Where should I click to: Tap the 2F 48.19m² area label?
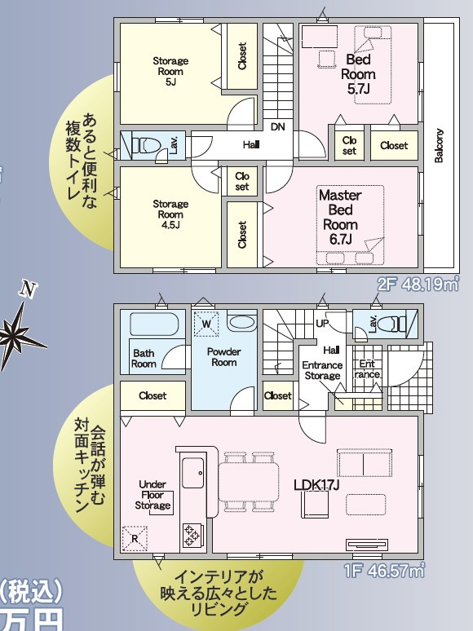tap(418, 285)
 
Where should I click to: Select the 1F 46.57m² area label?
tap(384, 570)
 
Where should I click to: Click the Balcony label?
tap(439, 146)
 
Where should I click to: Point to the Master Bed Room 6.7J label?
tap(340, 218)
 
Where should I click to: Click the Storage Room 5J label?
tap(170, 72)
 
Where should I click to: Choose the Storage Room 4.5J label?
tap(170, 214)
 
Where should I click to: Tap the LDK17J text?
tap(316, 485)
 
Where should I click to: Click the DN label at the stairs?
tap(277, 126)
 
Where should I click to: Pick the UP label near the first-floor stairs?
tap(321, 323)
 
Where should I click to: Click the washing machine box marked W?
tap(206, 324)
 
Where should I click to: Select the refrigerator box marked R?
tap(135, 538)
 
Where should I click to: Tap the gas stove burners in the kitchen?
tap(191, 536)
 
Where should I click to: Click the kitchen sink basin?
tap(192, 473)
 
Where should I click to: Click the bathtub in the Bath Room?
tap(154, 324)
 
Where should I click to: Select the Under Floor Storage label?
tap(153, 495)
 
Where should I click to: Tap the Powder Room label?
tap(223, 357)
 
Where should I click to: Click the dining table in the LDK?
tap(249, 482)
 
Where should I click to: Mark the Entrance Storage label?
tap(322, 370)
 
